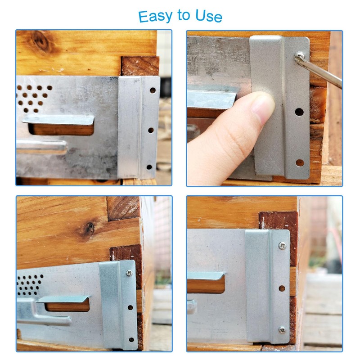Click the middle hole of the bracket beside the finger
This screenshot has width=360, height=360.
click(299, 111)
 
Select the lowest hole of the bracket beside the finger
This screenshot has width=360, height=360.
click(299, 162)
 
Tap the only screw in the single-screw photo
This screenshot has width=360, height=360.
click(129, 273)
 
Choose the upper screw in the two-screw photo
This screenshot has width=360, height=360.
click(282, 246)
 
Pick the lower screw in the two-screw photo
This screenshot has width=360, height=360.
click(282, 330)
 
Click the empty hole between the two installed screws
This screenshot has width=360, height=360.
click(282, 288)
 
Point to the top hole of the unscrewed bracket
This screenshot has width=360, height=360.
click(153, 90)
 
